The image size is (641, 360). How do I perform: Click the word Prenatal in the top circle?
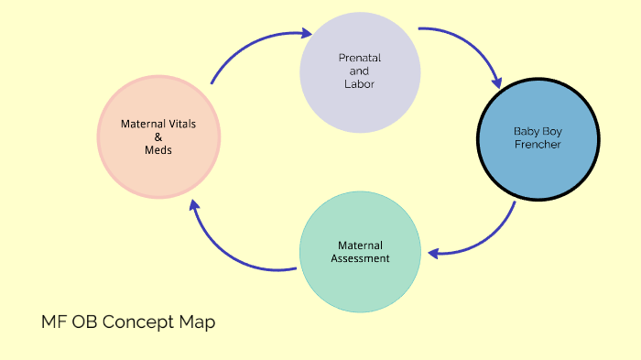(x=359, y=59)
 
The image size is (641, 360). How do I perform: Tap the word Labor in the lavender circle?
(x=359, y=84)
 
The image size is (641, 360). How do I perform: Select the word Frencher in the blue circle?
(x=537, y=145)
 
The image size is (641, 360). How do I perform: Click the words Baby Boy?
(x=537, y=131)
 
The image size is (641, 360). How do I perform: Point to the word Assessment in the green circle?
(x=360, y=258)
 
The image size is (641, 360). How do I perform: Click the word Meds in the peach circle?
(x=158, y=150)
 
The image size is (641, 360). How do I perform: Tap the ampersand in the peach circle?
(x=158, y=136)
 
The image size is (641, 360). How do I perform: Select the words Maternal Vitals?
(x=158, y=123)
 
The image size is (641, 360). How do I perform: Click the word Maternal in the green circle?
(x=360, y=245)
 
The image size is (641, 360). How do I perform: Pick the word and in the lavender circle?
(x=359, y=71)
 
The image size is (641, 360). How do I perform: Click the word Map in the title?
(x=200, y=322)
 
